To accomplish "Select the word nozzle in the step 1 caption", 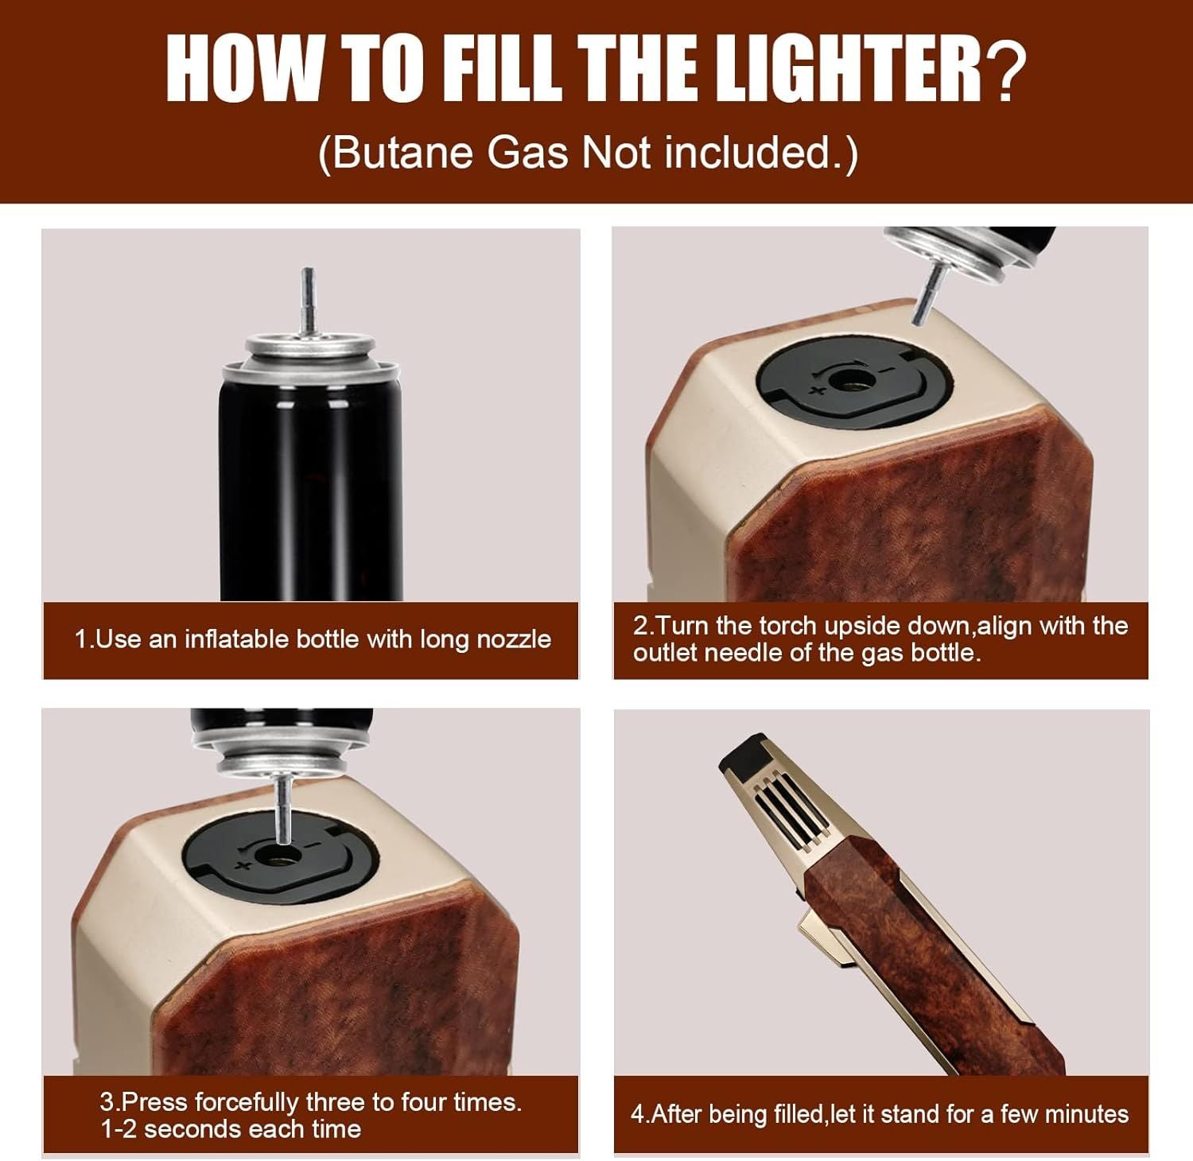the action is (x=509, y=639).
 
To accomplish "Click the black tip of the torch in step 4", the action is (x=741, y=756).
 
